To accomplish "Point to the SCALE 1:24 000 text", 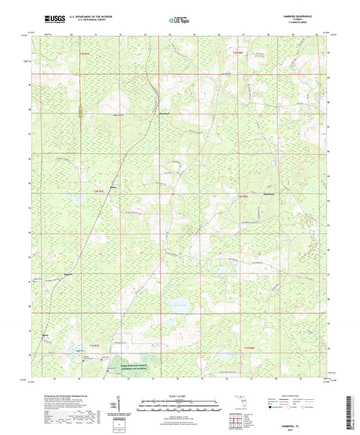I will coord(179,396).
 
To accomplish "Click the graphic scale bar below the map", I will coord(179,403).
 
